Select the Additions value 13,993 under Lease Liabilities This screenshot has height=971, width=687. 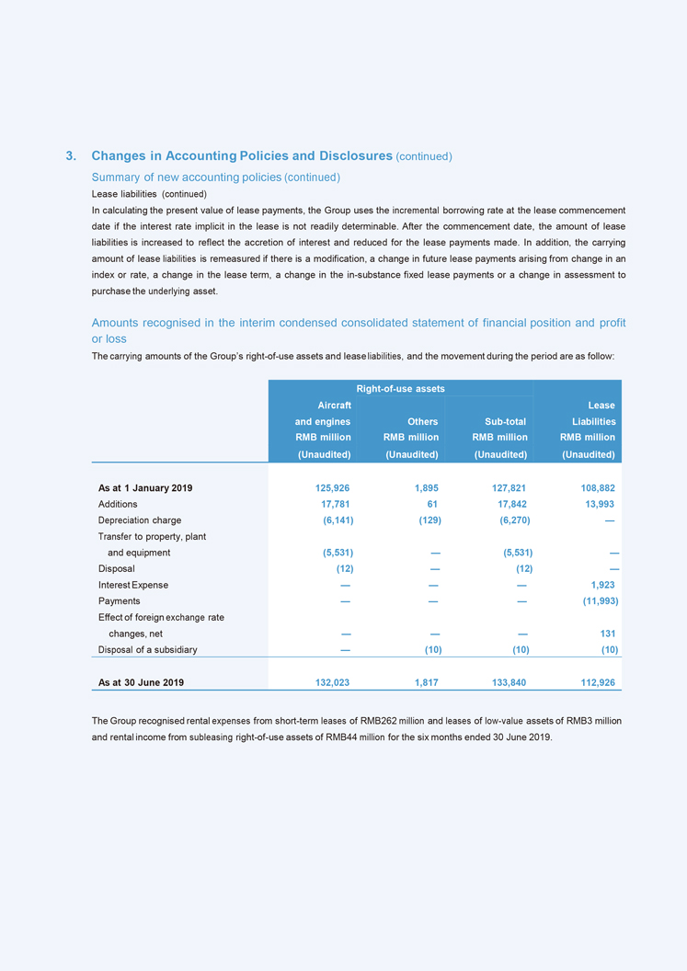pos(596,504)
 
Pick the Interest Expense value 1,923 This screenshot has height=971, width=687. pos(601,585)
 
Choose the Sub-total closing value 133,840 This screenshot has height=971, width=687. pos(507,682)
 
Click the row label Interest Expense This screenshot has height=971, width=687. pos(132,585)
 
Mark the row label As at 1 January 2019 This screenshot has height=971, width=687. pos(145,487)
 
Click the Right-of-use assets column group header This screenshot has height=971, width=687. pos(400,389)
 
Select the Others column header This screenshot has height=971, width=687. pos(422,421)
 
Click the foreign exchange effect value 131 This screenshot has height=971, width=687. pos(606,634)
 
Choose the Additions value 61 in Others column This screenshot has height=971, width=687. pos(431,504)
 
